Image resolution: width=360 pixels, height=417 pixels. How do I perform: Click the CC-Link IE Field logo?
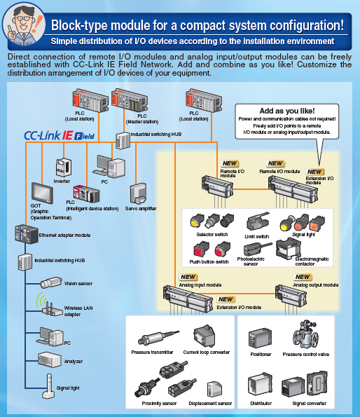(x=60, y=135)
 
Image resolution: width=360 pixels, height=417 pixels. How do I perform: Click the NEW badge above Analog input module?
(x=188, y=278)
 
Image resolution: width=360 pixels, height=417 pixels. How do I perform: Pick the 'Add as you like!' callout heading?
(x=286, y=111)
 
